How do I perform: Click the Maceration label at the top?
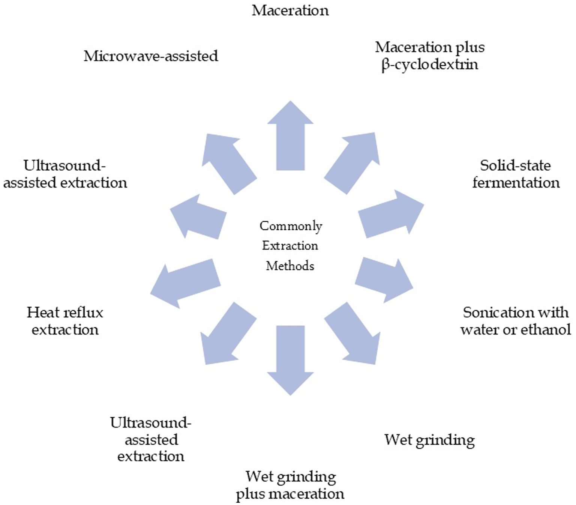(x=290, y=11)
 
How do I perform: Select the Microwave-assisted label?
(x=151, y=56)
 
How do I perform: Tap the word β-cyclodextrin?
(x=430, y=65)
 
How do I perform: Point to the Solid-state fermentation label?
(x=516, y=174)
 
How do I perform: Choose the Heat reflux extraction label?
(x=65, y=321)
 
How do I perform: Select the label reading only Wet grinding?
(x=429, y=440)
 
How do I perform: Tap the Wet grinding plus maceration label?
(x=290, y=485)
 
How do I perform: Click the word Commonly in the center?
(x=291, y=226)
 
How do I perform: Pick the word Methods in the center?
(x=290, y=266)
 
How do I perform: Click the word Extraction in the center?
(x=290, y=246)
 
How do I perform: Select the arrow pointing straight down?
(x=290, y=358)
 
